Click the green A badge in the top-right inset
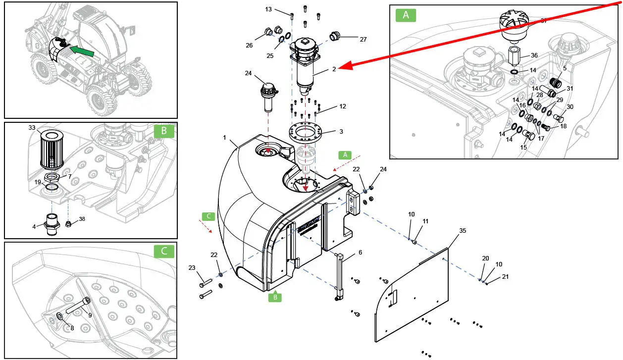(406, 15)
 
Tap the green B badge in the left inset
(164, 131)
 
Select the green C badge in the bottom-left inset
(164, 251)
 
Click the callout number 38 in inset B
(82, 218)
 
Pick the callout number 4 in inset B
(34, 227)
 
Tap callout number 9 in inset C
(90, 315)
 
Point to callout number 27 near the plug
(363, 39)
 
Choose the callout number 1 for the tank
(224, 137)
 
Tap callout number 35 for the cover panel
(463, 231)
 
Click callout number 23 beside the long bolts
(192, 268)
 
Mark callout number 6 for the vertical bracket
(360, 253)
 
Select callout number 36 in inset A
(534, 55)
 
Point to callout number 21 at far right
(505, 277)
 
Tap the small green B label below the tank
(275, 297)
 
